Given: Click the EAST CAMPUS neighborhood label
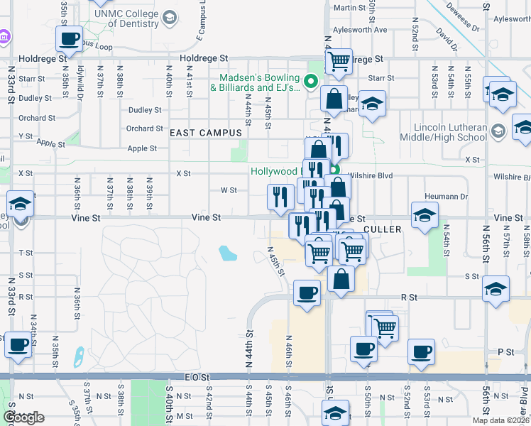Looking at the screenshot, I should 206,133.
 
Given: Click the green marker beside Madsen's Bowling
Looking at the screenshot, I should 310,82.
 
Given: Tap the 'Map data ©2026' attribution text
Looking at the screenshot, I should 501,420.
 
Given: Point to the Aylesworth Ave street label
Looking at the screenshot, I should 361,30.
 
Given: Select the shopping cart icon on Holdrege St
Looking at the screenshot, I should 339,60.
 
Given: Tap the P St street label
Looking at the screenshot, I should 505,351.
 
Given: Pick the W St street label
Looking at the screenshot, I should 229,190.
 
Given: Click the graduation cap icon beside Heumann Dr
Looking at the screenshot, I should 424,214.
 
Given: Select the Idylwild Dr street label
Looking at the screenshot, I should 82,82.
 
